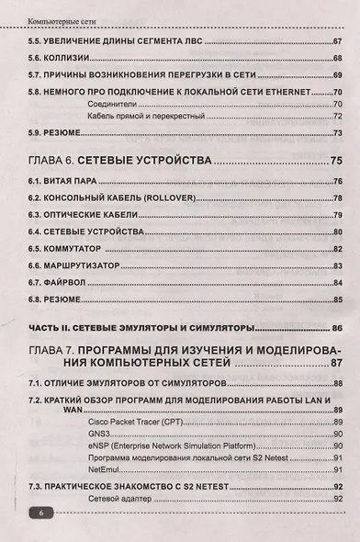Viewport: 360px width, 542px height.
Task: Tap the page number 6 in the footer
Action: [41, 514]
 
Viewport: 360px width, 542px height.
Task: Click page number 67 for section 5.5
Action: [337, 40]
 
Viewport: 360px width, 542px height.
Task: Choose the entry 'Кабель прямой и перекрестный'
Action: [141, 117]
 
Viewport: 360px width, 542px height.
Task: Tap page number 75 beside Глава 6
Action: [335, 162]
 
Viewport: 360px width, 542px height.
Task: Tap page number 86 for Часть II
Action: [336, 328]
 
